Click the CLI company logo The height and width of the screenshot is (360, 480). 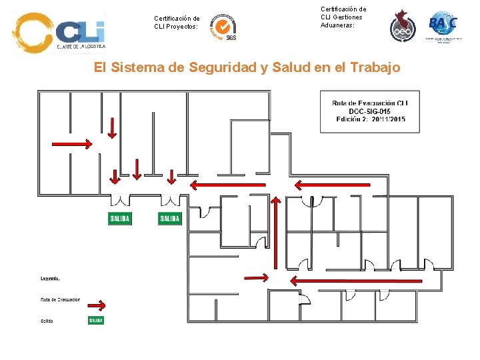click(x=59, y=33)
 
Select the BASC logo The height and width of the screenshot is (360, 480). click(x=443, y=25)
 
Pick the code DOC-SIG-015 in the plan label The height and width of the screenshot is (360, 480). click(x=370, y=111)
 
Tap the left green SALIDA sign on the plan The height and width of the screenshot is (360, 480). click(x=120, y=219)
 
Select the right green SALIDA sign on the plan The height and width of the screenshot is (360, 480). click(x=170, y=219)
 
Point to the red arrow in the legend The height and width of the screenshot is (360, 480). click(x=97, y=305)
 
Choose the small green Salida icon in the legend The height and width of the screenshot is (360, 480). click(x=96, y=321)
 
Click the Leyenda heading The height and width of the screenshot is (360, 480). click(x=51, y=278)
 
